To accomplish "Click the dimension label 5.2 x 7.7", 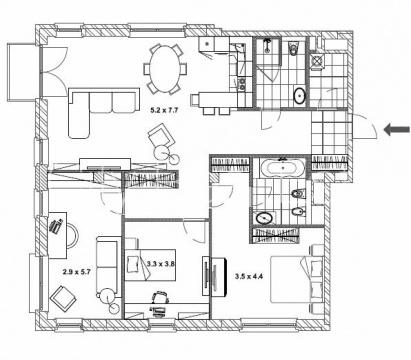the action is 164,110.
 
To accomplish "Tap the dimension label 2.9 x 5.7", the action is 77,272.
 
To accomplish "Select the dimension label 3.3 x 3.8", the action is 161,264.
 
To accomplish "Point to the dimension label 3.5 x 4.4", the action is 249,276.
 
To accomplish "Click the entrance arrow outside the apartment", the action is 397,129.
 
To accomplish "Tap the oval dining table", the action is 164,69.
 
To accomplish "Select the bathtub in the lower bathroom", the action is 283,168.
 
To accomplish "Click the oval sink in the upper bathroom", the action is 300,96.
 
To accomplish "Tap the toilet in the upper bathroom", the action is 293,48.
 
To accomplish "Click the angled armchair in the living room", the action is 162,137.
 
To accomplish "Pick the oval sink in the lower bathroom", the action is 265,218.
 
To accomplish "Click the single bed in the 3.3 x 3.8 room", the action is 150,265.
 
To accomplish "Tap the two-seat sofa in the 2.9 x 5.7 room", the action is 107,265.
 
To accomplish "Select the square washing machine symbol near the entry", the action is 316,61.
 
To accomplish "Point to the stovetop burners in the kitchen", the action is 241,83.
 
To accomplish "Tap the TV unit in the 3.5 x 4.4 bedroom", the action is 215,276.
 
